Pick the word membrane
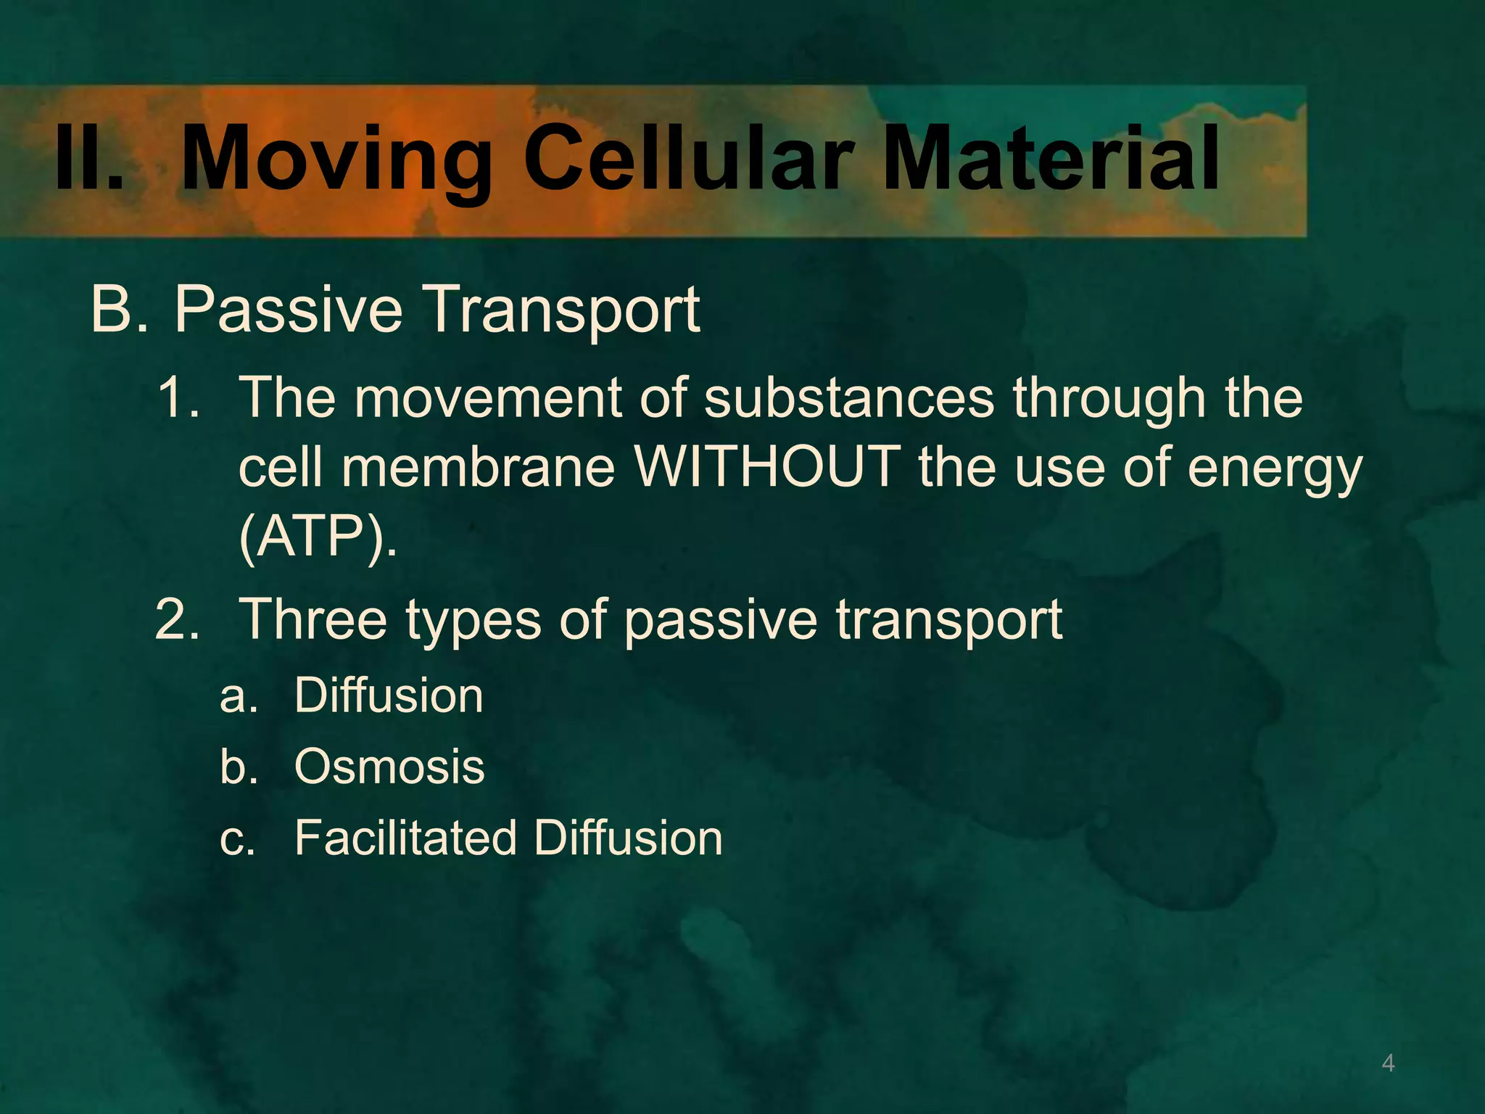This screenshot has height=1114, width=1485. tap(479, 467)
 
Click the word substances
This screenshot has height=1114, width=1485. tap(848, 398)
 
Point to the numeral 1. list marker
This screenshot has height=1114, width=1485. tap(178, 398)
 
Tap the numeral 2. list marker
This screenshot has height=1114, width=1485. tap(177, 619)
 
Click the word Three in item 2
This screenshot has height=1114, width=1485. tap(313, 619)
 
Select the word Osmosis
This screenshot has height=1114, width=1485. tap(389, 767)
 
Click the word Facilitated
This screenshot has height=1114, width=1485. tap(405, 838)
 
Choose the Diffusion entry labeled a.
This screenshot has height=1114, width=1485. tap(389, 695)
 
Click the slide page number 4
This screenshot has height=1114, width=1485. tap(1388, 1063)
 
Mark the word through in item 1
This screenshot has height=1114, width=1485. tap(1109, 400)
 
